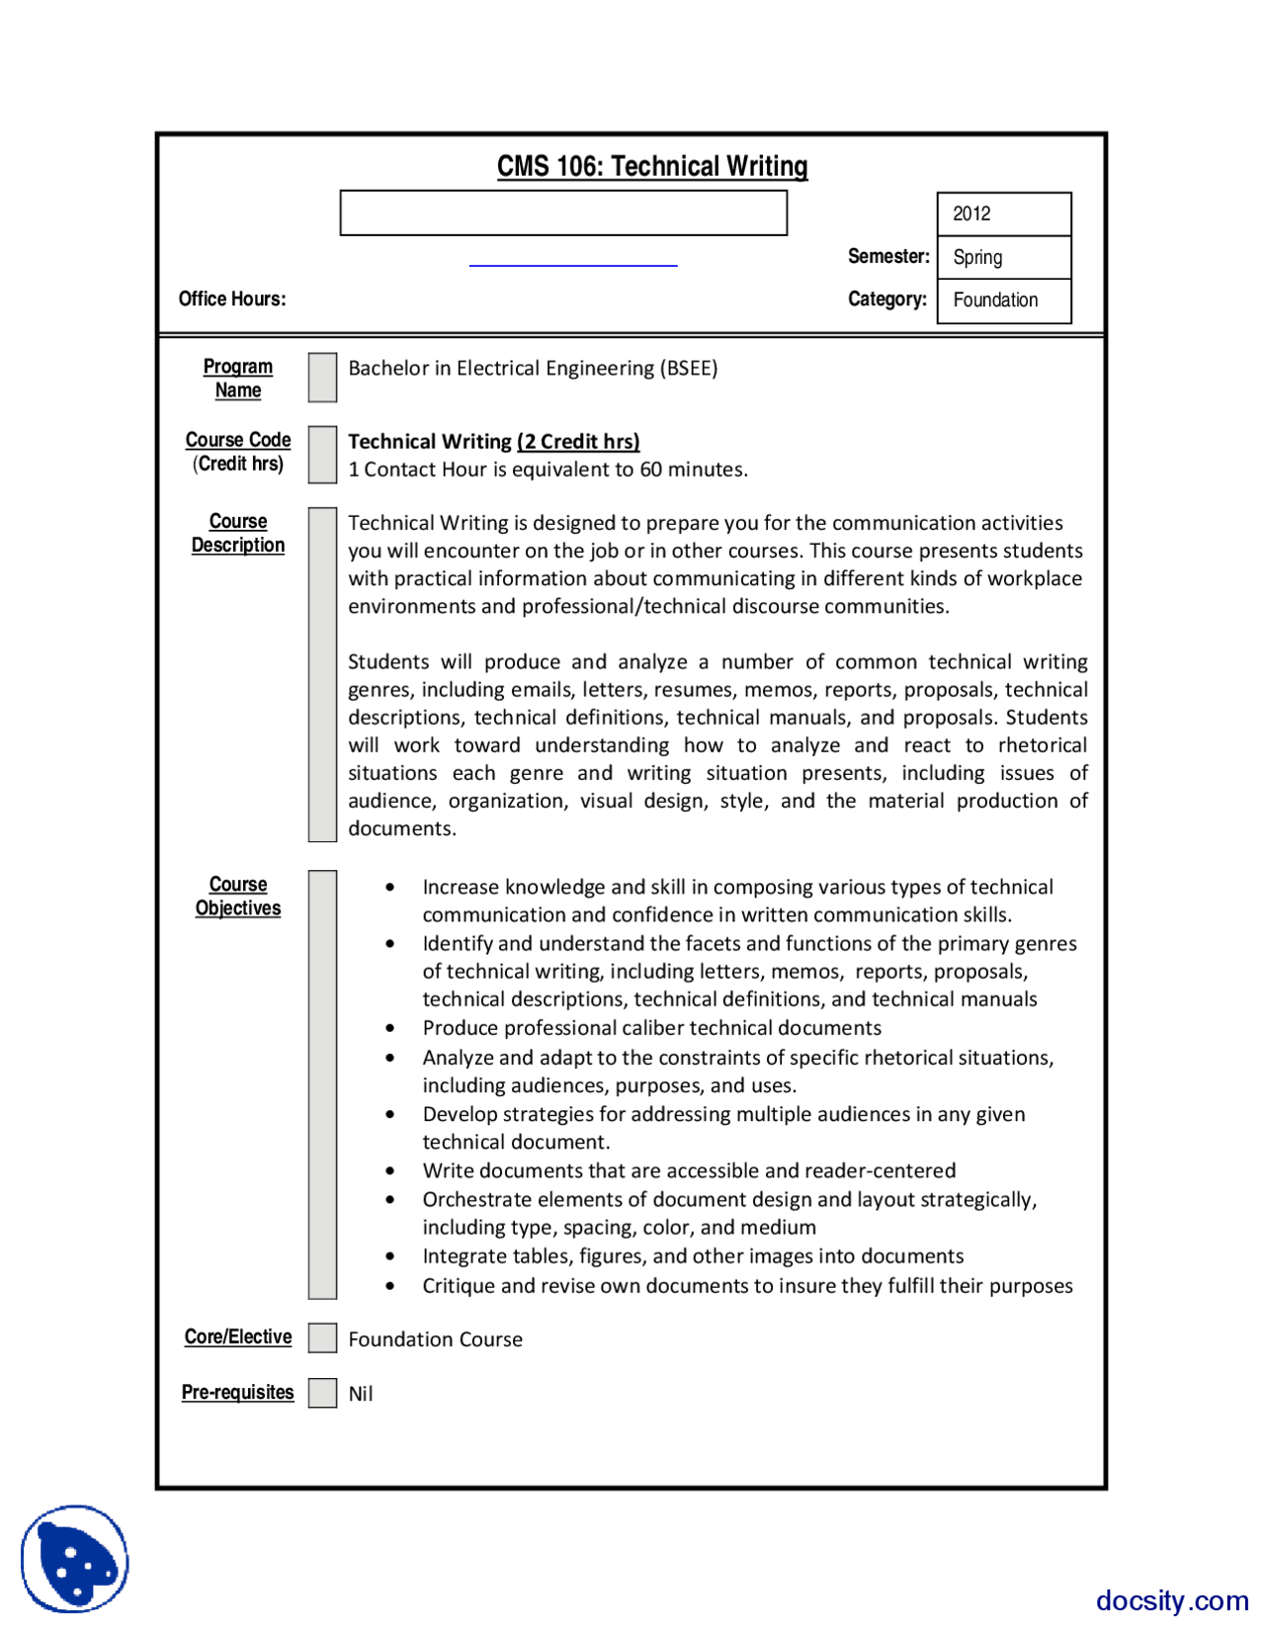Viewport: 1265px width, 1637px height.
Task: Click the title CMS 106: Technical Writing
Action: point(652,166)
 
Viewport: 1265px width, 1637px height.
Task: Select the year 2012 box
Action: point(1003,214)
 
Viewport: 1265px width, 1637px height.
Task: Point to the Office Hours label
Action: point(232,299)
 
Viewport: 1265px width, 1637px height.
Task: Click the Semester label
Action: point(888,256)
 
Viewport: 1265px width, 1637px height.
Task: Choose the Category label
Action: point(887,299)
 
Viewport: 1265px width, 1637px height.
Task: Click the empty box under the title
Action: point(563,214)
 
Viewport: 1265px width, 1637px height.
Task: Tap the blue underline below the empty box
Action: point(573,265)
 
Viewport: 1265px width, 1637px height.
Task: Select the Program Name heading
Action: point(238,378)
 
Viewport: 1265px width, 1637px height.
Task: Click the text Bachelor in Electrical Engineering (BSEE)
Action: point(533,368)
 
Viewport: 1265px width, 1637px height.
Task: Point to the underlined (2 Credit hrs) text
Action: point(578,441)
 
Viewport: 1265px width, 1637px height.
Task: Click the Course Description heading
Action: point(238,533)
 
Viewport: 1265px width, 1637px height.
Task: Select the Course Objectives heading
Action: point(238,896)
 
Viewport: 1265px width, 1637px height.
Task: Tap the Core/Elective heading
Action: point(238,1336)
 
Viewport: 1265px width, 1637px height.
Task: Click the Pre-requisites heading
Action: point(238,1392)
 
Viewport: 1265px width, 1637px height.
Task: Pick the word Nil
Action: point(361,1394)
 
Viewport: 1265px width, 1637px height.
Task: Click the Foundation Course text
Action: point(435,1339)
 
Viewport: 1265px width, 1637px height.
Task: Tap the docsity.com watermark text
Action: point(1172,1599)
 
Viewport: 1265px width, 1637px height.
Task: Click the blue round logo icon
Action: point(75,1559)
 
